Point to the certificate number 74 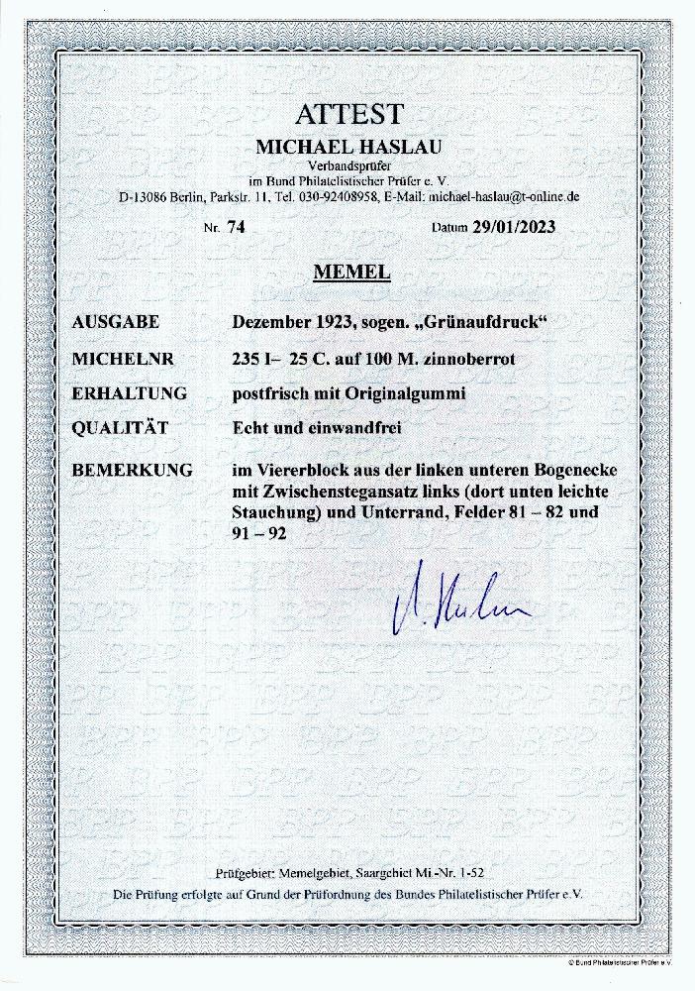[236, 226]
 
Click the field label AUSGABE [116, 323]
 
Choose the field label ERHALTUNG [130, 392]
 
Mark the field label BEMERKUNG [133, 470]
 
